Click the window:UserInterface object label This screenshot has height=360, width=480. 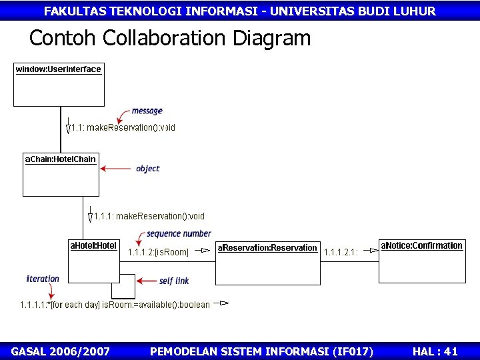click(x=59, y=69)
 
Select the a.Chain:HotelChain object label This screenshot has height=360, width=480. click(x=61, y=159)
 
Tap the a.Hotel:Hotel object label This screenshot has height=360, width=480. click(x=93, y=246)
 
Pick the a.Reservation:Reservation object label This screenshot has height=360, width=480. click(x=267, y=248)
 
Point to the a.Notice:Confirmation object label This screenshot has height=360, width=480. click(x=421, y=246)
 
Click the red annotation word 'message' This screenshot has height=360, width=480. click(x=147, y=111)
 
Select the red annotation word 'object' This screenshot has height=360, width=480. click(x=147, y=169)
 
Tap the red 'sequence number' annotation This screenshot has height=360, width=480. click(x=179, y=234)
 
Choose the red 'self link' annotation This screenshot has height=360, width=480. click(x=174, y=281)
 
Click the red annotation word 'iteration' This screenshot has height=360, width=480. click(x=43, y=279)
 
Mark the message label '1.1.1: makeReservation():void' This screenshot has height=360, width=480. click(x=149, y=216)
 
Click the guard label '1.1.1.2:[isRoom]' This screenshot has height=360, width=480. click(x=158, y=252)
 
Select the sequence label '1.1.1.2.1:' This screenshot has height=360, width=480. click(x=341, y=252)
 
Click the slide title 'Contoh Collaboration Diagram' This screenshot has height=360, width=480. click(x=170, y=38)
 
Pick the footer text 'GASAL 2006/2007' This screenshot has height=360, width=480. click(x=61, y=351)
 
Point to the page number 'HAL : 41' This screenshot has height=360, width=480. click(x=435, y=351)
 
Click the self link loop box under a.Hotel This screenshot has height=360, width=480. click(x=123, y=287)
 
